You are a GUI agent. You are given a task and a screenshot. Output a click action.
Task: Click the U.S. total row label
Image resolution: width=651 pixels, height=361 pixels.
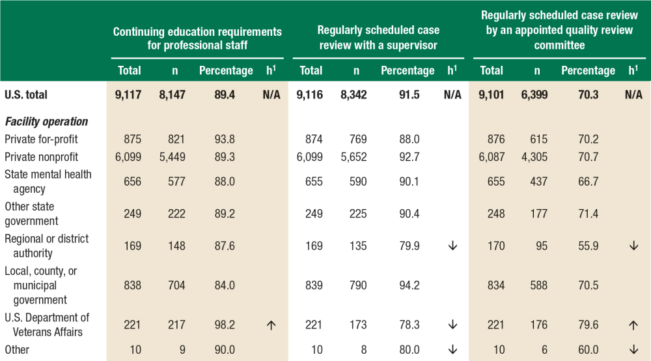point(26,94)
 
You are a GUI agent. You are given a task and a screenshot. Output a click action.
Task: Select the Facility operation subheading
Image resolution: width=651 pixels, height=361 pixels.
point(46,121)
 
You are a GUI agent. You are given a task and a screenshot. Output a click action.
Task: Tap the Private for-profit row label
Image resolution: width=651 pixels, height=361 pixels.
point(38,139)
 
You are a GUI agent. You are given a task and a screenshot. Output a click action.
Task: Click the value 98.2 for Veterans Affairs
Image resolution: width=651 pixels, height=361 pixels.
point(225,325)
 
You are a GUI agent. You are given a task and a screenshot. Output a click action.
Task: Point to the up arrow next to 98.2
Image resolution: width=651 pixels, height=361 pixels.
point(271,325)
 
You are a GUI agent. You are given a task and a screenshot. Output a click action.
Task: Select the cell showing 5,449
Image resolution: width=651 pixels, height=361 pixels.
point(172,156)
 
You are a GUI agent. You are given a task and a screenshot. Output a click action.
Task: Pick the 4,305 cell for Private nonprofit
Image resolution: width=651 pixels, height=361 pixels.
point(534,156)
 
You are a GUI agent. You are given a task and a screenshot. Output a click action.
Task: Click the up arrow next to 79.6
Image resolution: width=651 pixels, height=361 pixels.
point(633,325)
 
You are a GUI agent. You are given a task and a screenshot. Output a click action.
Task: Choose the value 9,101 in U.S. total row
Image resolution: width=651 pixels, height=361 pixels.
point(491,94)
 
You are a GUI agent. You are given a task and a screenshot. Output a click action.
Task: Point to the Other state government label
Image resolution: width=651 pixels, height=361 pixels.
point(31,214)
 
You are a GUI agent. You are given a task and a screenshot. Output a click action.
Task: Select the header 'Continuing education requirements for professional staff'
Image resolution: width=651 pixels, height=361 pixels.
point(197,38)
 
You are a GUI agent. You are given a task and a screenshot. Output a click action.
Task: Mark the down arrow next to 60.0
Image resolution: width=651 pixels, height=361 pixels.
point(633,349)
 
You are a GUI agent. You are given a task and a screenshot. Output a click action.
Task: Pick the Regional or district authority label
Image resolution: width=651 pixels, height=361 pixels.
point(46,246)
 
